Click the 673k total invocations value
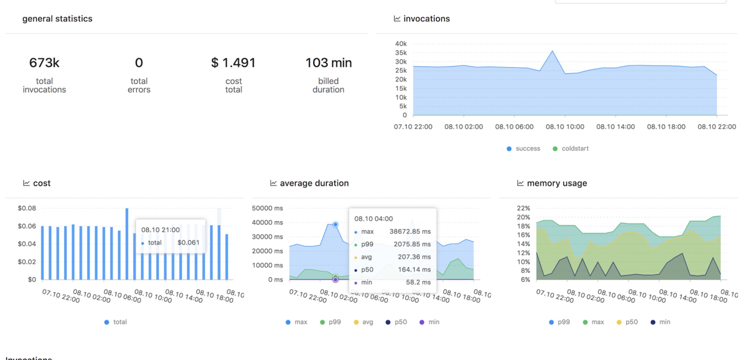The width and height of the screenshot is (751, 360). coord(44,63)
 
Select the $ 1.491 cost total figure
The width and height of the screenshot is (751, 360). coord(233,63)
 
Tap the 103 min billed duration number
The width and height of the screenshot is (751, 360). coord(328,63)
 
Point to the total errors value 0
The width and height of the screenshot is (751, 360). coord(139,63)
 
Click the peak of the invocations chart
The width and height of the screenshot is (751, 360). coord(552,51)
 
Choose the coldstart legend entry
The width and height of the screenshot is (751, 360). coord(571,149)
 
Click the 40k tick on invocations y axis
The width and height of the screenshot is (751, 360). coord(401,44)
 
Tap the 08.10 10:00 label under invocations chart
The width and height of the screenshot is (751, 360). coord(565,127)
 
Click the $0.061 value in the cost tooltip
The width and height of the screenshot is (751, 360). coord(188,243)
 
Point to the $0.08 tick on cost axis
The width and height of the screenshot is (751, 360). coord(27,208)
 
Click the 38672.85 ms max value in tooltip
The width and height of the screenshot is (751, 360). coord(410,232)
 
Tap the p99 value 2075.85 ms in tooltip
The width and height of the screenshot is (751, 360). coord(412,244)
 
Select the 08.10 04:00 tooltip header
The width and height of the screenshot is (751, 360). coord(374,219)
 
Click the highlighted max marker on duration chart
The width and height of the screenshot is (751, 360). coord(335,225)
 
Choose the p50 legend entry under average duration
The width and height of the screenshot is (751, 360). coord(396,322)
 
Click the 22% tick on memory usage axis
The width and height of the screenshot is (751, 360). coord(523,208)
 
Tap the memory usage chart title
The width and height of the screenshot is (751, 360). coord(557,183)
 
